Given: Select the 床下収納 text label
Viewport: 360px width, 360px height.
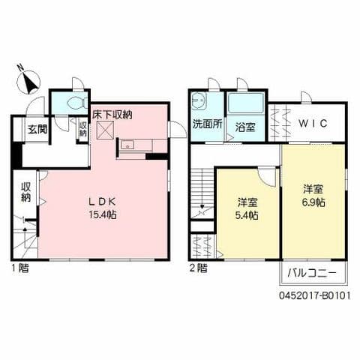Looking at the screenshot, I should pyautogui.click(x=112, y=115).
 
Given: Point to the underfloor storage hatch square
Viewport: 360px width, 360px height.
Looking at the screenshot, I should pyautogui.click(x=104, y=131).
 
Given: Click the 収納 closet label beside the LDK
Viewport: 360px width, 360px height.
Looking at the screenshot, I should pyautogui.click(x=25, y=193).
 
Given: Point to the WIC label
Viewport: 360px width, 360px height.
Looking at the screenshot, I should pyautogui.click(x=313, y=124).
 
